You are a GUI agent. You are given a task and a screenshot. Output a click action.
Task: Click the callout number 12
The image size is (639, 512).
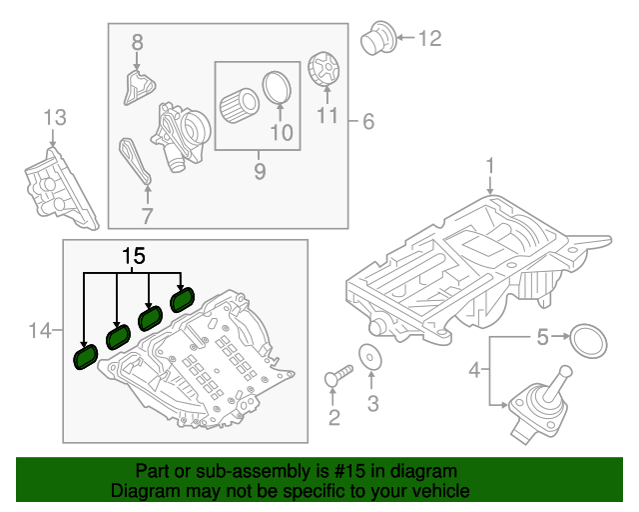click(428, 40)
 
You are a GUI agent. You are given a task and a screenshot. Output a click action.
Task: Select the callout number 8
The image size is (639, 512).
click(137, 42)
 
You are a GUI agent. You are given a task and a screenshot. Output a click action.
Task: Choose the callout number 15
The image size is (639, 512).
click(133, 256)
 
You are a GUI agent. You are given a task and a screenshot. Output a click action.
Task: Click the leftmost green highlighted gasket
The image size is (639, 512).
click(84, 356)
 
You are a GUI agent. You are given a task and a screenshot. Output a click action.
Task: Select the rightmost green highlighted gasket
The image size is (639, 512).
click(183, 299)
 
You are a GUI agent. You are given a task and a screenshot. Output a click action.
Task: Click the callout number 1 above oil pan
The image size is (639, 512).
click(490, 164)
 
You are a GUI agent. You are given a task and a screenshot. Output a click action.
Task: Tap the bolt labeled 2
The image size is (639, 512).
click(338, 377)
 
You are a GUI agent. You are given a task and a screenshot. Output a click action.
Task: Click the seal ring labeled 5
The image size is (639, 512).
click(588, 340)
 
